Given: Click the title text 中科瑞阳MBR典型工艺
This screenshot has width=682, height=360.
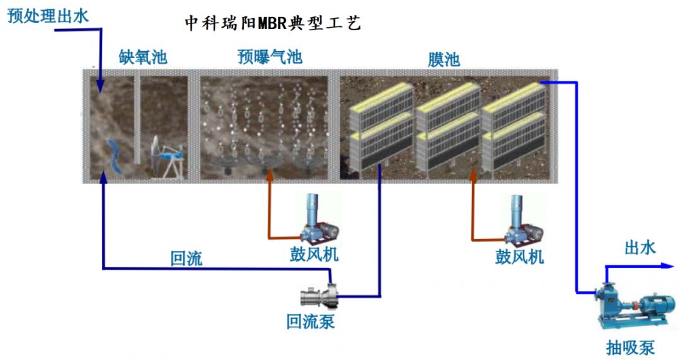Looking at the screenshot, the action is pyautogui.click(x=273, y=23).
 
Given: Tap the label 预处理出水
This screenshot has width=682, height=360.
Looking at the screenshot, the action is pyautogui.click(x=48, y=16).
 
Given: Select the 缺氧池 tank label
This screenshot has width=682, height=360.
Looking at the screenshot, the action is pyautogui.click(x=143, y=57).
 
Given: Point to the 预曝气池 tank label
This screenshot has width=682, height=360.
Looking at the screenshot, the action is pyautogui.click(x=270, y=57).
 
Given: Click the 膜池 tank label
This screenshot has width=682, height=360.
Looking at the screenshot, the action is pyautogui.click(x=444, y=59).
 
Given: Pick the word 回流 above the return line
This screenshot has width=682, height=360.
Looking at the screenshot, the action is pyautogui.click(x=186, y=258).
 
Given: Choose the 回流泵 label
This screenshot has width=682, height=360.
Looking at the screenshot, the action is pyautogui.click(x=311, y=321).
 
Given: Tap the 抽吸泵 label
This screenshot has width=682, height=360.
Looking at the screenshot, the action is pyautogui.click(x=630, y=347).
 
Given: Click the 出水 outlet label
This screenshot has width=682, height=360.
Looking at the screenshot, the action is pyautogui.click(x=640, y=248).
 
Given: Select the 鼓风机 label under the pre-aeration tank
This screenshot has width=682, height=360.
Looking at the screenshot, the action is pyautogui.click(x=314, y=254).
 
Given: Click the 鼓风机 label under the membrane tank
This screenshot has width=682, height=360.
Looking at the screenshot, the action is pyautogui.click(x=519, y=256).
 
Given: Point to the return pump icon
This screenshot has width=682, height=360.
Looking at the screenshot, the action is pyautogui.click(x=319, y=296).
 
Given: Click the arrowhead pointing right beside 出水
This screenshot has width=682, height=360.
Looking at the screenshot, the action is pyautogui.click(x=667, y=266).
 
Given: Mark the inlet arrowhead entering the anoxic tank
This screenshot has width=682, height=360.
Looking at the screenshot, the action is pyautogui.click(x=100, y=87).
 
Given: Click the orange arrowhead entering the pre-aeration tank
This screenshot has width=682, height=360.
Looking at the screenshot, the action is pyautogui.click(x=270, y=175).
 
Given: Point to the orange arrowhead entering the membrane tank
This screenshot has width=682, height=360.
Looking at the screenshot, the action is pyautogui.click(x=474, y=176).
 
